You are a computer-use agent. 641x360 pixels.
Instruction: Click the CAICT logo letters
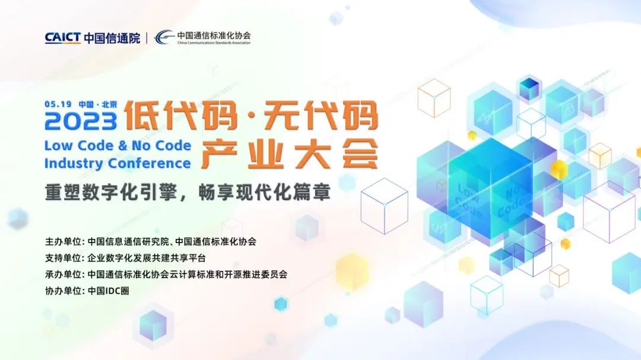point(62,37)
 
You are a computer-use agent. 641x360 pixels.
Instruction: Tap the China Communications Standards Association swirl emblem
point(164,37)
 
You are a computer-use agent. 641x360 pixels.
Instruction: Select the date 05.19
point(58,104)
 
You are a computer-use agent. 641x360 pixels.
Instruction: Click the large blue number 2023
point(81,122)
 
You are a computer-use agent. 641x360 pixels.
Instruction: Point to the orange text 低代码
point(180,116)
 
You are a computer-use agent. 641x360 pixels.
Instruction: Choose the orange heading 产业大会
point(290,154)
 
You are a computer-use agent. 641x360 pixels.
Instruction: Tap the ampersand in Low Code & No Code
point(122,145)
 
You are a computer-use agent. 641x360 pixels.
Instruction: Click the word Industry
point(74,164)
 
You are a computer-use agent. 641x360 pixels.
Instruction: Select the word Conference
point(149,163)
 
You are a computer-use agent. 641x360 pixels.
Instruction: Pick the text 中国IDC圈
point(109,291)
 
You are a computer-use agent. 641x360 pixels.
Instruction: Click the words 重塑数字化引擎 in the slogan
point(110,192)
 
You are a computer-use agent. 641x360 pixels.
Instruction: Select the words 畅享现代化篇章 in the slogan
point(265,192)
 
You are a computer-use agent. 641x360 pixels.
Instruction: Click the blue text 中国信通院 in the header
point(112,38)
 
